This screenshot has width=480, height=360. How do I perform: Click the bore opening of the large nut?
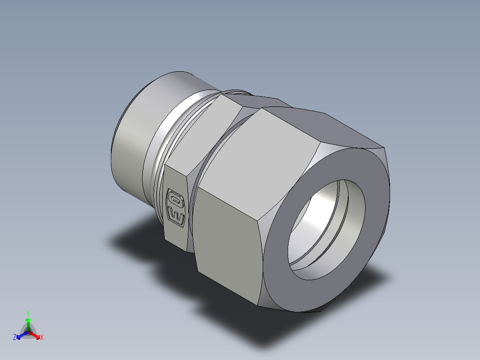pos(326,230)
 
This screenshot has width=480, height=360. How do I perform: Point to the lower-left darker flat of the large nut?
pos(228,248)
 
